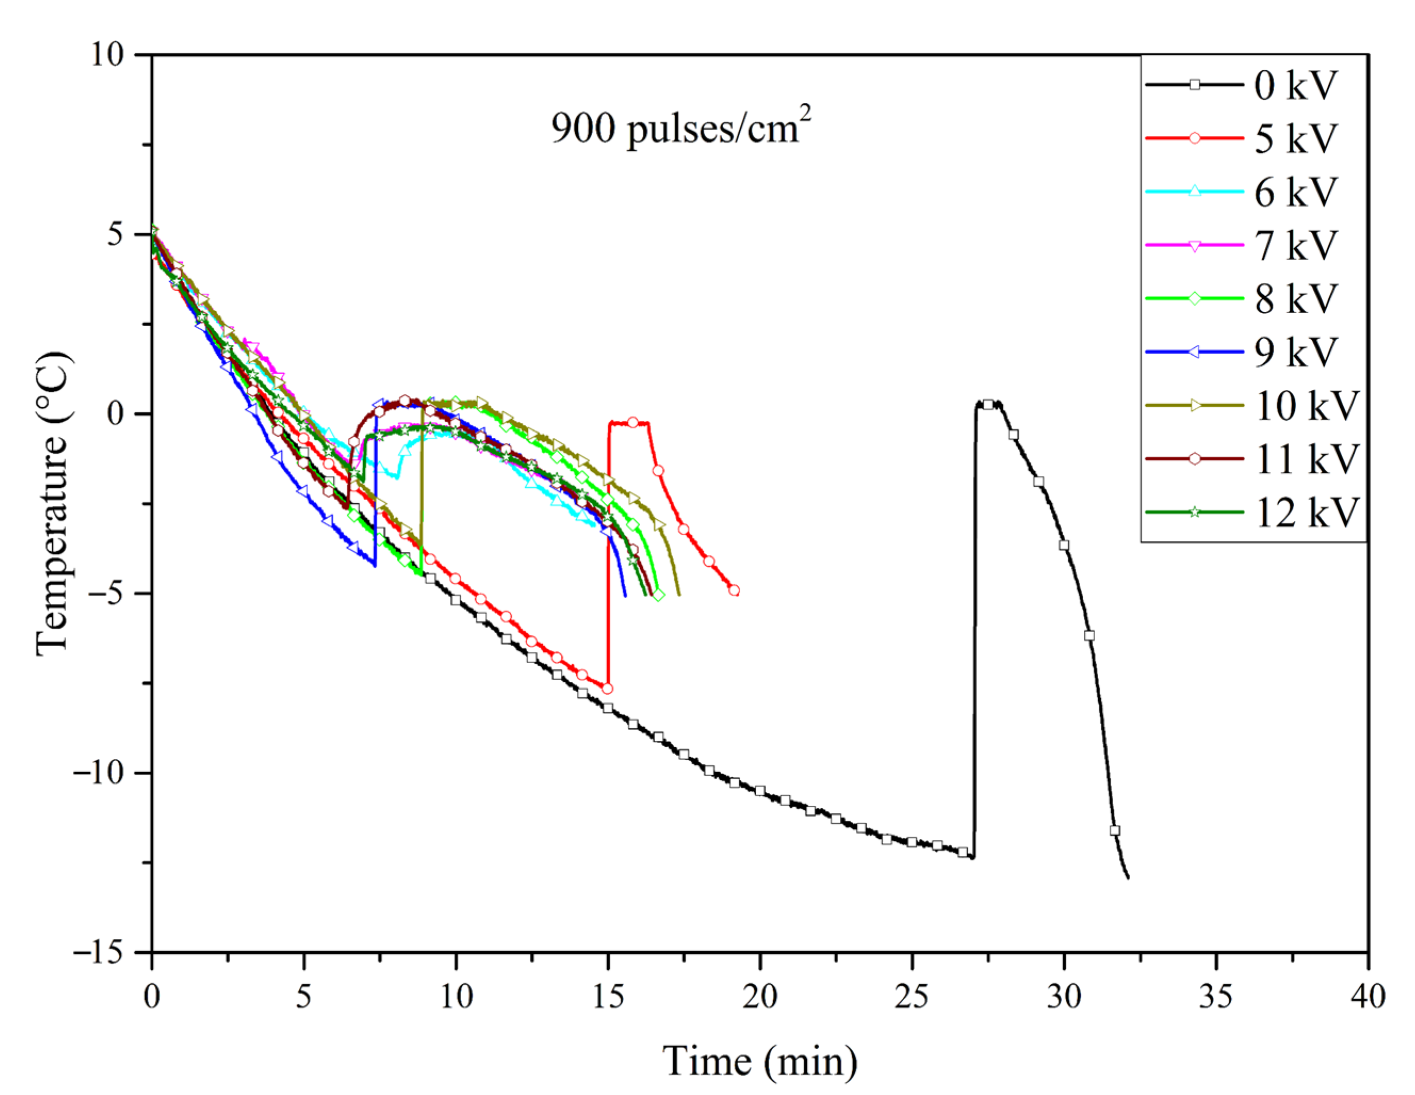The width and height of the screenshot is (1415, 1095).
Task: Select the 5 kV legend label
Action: tap(1295, 138)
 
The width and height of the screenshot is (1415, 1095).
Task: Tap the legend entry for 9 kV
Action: tap(1295, 352)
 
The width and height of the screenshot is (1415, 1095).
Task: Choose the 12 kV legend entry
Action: tap(1305, 512)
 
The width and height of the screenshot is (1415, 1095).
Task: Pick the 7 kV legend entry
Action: tap(1295, 246)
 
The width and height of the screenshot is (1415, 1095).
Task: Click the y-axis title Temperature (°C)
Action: tap(53, 503)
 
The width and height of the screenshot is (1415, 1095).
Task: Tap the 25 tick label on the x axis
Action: tap(912, 996)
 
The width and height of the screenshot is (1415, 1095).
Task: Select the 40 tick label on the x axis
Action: tap(1368, 996)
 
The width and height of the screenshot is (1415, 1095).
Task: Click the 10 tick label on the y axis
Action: tap(107, 54)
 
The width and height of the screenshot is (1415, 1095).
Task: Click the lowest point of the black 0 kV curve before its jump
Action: tap(972, 857)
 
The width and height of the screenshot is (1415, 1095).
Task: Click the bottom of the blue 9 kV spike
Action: tap(375, 566)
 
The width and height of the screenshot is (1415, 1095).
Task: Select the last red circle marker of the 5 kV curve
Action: tap(734, 590)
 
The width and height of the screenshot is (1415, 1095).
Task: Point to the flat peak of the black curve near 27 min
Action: tap(987, 404)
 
